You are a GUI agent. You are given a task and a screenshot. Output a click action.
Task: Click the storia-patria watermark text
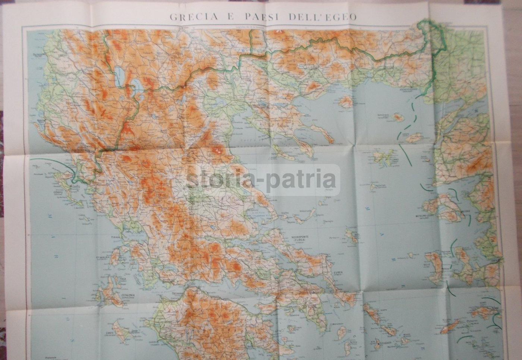click(x=261, y=180)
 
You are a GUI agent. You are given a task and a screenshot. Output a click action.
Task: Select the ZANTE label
click(x=109, y=333)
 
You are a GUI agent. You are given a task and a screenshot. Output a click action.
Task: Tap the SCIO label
click(x=426, y=265)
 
